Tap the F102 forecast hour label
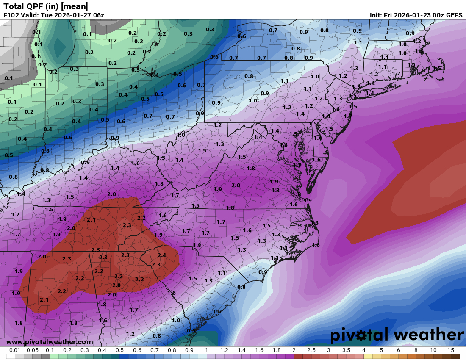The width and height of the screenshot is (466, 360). tap(11, 15)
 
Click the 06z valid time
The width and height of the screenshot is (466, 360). tap(98, 15)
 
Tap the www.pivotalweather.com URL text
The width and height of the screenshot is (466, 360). tap(50, 342)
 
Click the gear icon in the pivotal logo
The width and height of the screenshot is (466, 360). tap(361, 336)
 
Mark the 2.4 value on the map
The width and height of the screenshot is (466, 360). tap(161, 255)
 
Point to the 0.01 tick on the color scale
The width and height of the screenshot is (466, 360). tap(15, 350)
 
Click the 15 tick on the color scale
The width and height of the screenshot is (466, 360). tap(451, 350)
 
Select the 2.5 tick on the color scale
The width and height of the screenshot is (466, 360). tap(311, 350)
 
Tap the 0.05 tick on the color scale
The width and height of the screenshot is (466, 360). tap(33, 350)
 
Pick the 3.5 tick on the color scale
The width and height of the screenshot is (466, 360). tap(346, 350)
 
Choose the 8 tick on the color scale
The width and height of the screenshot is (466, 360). tap(416, 350)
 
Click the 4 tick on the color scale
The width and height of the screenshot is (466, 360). tap(364, 350)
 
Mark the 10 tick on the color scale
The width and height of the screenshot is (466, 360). tap(433, 350)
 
